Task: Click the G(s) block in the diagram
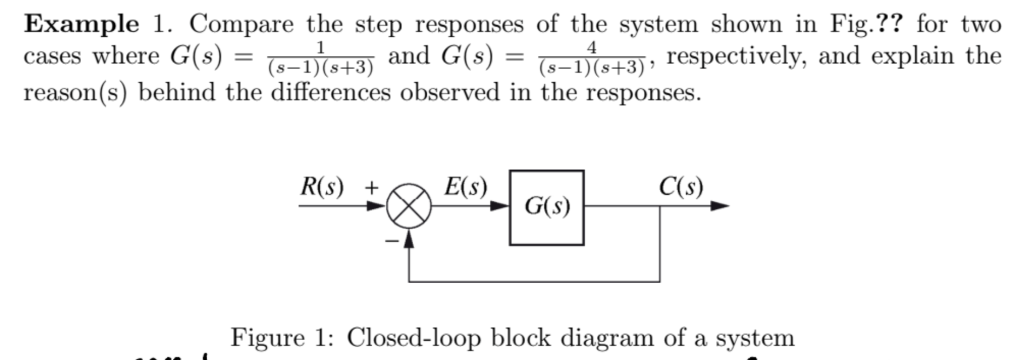pyautogui.click(x=547, y=208)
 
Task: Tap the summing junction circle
pyautogui.click(x=409, y=206)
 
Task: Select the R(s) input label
pyautogui.click(x=322, y=187)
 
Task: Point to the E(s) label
pyautogui.click(x=465, y=187)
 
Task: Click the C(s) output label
pyautogui.click(x=681, y=187)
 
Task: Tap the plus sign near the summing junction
pyautogui.click(x=372, y=188)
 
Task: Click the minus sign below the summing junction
pyautogui.click(x=391, y=241)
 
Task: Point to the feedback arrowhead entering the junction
pyautogui.click(x=409, y=240)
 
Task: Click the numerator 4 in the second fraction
pyautogui.click(x=591, y=47)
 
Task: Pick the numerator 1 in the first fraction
pyautogui.click(x=320, y=47)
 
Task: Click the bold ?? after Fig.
pyautogui.click(x=889, y=24)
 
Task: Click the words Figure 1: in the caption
pyautogui.click(x=282, y=337)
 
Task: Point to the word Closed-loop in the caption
pyautogui.click(x=412, y=337)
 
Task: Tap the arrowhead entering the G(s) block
pyautogui.click(x=500, y=206)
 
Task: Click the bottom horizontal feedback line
pyautogui.click(x=534, y=282)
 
